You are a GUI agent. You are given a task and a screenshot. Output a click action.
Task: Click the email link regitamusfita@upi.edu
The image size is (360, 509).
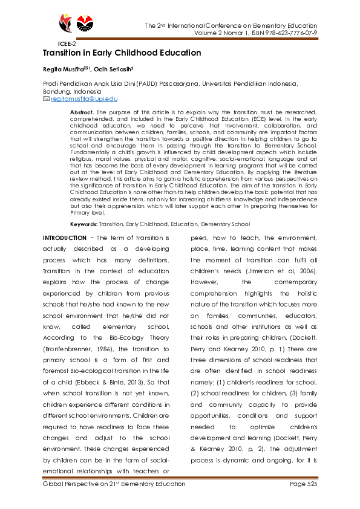point(84,99)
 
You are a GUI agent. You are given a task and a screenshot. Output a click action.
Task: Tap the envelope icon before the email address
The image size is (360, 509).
point(46,99)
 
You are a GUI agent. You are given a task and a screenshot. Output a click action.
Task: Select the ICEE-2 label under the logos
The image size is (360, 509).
point(67,44)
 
